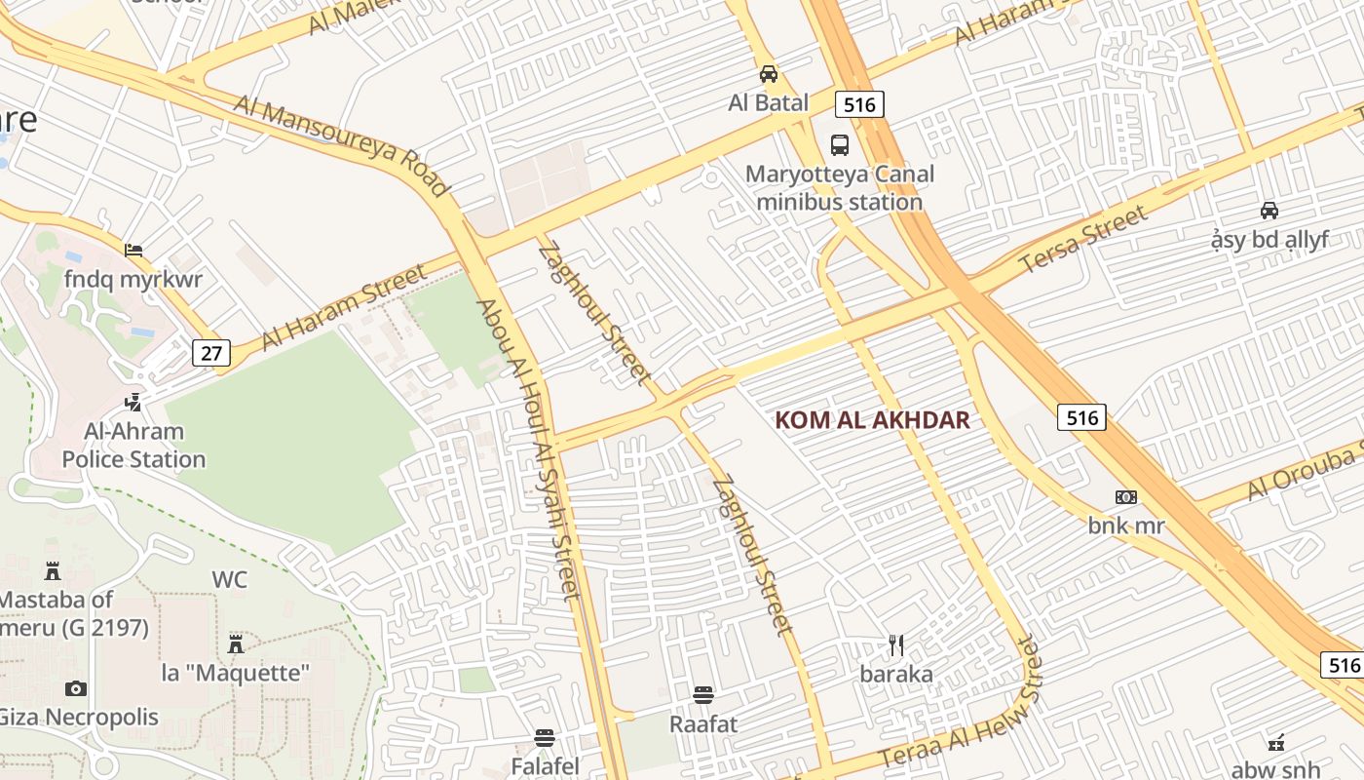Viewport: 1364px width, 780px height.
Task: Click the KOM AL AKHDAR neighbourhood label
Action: point(872,420)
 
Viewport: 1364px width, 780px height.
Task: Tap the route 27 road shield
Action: point(211,352)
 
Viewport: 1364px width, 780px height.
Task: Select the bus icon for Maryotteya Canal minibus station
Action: point(839,145)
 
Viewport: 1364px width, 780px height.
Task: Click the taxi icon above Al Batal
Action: point(769,74)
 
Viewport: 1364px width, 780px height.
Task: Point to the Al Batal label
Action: point(769,102)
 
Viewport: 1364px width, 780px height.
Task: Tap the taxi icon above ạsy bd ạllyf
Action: point(1269,210)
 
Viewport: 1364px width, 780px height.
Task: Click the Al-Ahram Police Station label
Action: point(133,446)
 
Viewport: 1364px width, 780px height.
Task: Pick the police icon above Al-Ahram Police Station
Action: point(133,401)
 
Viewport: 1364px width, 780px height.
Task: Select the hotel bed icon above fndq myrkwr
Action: point(133,251)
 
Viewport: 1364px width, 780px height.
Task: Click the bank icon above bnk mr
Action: point(1126,497)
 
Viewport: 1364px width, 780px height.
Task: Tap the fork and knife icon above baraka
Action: point(896,644)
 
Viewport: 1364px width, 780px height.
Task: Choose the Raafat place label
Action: point(703,724)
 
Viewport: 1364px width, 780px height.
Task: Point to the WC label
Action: point(230,580)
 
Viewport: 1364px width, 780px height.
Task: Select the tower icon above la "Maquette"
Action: point(235,643)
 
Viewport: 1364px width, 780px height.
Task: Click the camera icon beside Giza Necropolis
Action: point(76,688)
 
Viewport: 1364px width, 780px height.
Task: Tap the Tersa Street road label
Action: point(1083,240)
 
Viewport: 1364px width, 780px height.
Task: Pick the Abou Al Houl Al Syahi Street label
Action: point(528,448)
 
